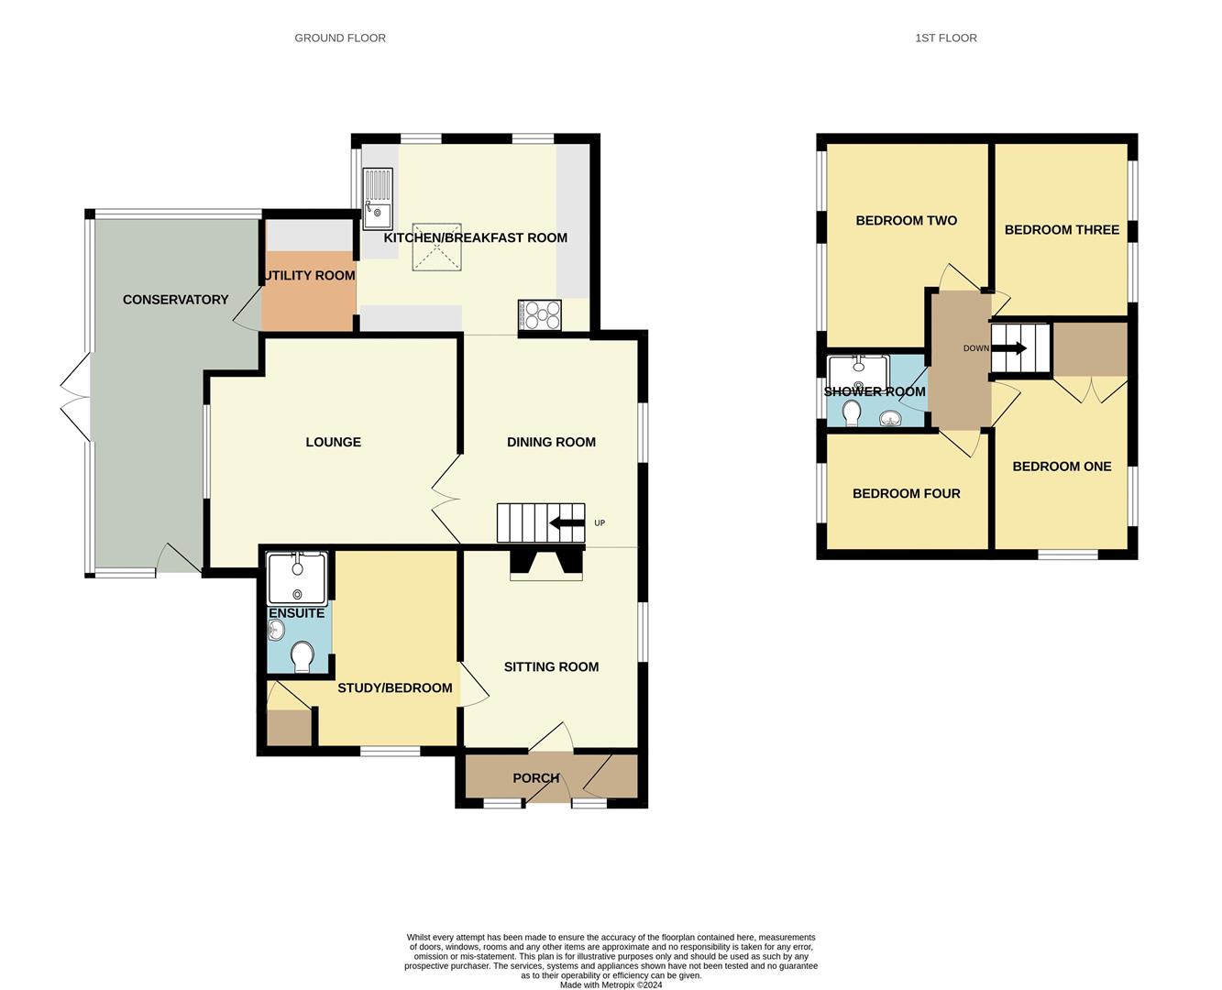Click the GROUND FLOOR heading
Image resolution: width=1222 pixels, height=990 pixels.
pos(340,38)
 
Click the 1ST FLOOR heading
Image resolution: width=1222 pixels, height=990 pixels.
pos(945,38)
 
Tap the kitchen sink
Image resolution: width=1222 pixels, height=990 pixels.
pos(378,198)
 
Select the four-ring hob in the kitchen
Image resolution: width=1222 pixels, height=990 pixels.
pos(540,315)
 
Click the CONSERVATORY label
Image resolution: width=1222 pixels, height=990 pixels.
pos(175,300)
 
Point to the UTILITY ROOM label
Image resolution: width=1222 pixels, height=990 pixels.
pos(309,275)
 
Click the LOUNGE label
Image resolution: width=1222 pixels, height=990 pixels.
pos(333,442)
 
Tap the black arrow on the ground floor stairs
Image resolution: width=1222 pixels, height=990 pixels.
pos(567,523)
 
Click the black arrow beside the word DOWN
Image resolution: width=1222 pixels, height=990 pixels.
pos(1012,348)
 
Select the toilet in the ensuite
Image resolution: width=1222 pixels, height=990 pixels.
pos(302,656)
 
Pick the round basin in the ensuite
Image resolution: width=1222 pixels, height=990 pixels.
pos(276,630)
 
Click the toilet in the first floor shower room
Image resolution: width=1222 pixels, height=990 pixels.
pos(852,412)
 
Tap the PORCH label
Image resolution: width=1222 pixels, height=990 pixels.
pos(535,778)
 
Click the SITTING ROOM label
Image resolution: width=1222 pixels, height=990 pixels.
pos(551,666)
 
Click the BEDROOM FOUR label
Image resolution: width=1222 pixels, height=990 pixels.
pos(906,493)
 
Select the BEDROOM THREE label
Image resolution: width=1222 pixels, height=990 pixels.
pos(1062,229)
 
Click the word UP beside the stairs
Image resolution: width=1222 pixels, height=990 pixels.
pos(600,523)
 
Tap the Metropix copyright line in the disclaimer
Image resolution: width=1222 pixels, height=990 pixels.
pos(611,985)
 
